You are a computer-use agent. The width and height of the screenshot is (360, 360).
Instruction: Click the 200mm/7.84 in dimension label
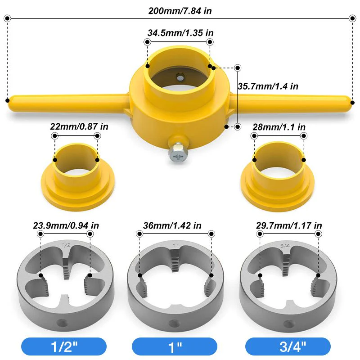click(x=180, y=10)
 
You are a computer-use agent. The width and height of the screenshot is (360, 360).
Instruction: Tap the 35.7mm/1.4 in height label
click(x=268, y=86)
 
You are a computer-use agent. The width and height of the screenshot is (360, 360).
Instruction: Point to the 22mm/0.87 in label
click(x=80, y=127)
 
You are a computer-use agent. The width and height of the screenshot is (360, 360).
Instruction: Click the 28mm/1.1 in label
click(x=279, y=127)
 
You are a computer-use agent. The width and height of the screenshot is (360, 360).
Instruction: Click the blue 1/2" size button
click(x=63, y=346)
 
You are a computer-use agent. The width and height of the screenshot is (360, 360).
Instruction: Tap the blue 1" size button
click(x=175, y=346)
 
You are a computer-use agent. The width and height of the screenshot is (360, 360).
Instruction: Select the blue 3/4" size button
click(x=288, y=346)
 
